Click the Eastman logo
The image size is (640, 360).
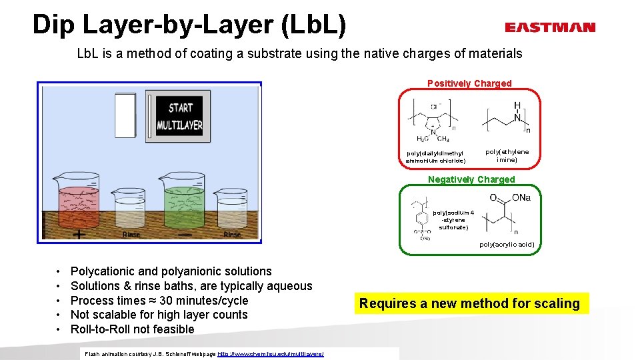pyautogui.click(x=549, y=27)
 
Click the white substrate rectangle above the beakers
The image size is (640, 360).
pyautogui.click(x=125, y=115)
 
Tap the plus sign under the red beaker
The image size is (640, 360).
pyautogui.click(x=79, y=235)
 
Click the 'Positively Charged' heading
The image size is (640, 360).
pyautogui.click(x=469, y=83)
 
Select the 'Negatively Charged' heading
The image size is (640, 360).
pyautogui.click(x=471, y=179)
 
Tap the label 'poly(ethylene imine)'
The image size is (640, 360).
pyautogui.click(x=507, y=156)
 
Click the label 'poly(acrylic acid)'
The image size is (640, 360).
pyautogui.click(x=506, y=245)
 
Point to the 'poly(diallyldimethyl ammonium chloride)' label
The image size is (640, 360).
pyautogui.click(x=435, y=157)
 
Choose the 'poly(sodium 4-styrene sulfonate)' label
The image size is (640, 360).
pyautogui.click(x=453, y=220)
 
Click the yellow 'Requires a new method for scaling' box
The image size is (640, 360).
pyautogui.click(x=469, y=303)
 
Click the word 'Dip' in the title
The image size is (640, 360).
pyautogui.click(x=56, y=25)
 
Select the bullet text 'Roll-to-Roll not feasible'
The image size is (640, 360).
pyautogui.click(x=132, y=329)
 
